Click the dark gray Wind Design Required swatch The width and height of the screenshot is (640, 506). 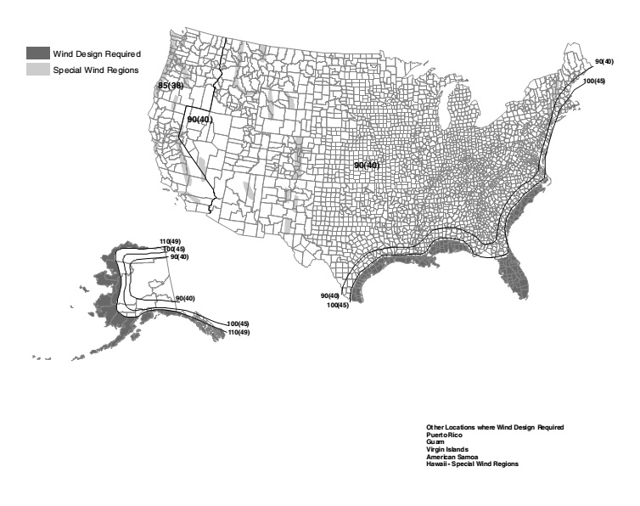(36, 53)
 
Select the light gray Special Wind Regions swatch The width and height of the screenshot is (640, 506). (36, 69)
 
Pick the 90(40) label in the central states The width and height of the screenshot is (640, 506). (367, 165)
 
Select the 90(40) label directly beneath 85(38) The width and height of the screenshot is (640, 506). (199, 120)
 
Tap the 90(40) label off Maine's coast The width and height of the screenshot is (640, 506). (604, 61)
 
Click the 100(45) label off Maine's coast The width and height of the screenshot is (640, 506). (594, 82)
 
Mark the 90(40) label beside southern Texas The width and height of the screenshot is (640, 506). (329, 295)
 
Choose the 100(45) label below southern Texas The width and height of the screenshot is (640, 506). (337, 305)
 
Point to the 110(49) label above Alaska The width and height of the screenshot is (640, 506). (169, 242)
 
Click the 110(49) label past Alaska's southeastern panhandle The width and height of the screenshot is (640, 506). (239, 332)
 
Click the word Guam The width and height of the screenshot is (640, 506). (435, 441)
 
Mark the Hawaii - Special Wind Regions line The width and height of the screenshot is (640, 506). (472, 464)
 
